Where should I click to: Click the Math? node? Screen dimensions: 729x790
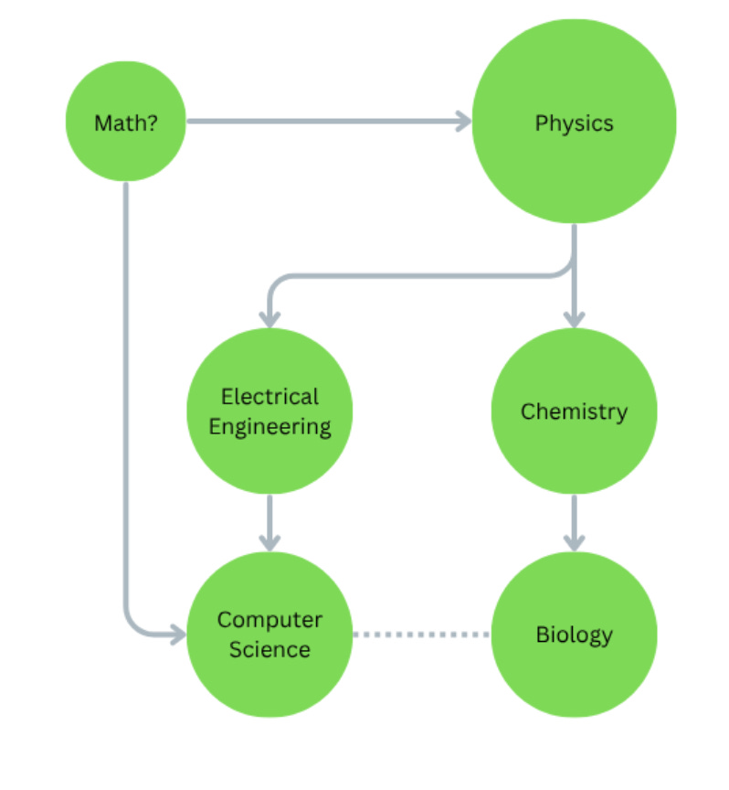(125, 122)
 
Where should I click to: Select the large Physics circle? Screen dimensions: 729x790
(574, 122)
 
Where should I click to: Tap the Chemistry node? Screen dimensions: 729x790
(574, 411)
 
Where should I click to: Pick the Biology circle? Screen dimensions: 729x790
(574, 635)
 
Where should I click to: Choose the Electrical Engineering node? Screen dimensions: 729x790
(269, 411)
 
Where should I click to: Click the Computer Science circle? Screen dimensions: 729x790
(269, 635)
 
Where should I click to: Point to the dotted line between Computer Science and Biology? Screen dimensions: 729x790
(422, 634)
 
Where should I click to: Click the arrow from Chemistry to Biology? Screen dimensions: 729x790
(574, 521)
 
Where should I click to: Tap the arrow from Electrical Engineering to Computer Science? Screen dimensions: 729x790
(269, 521)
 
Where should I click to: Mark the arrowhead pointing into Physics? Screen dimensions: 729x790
(462, 121)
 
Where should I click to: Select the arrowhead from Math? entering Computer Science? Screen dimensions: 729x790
(176, 632)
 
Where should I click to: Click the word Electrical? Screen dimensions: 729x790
(270, 397)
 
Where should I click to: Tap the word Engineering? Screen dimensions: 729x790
(270, 426)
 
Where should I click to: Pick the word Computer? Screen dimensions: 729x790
(269, 620)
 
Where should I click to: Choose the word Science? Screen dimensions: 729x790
(269, 649)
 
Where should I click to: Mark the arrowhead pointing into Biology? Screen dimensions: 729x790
(574, 542)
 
